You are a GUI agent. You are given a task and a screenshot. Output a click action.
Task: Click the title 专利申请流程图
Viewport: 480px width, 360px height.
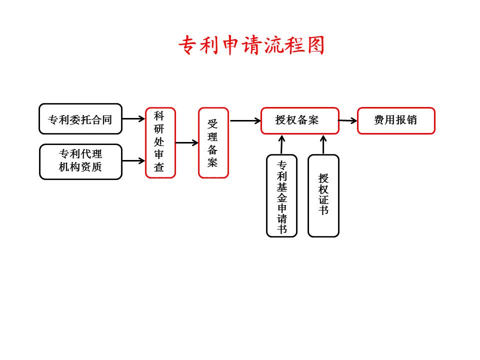pos(251,45)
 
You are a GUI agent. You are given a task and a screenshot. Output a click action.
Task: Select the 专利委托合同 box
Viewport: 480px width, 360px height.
pos(80,119)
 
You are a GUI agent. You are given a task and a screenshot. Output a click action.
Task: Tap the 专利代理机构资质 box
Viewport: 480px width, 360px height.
pos(80,161)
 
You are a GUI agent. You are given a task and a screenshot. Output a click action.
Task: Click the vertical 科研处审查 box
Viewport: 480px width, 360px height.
pos(160,142)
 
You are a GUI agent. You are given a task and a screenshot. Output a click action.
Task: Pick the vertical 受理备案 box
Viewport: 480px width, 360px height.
pos(213,142)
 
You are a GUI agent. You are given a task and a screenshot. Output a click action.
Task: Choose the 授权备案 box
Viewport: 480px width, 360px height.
pos(299,120)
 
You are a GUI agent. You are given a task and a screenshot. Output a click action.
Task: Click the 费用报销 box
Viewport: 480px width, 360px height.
pos(396,120)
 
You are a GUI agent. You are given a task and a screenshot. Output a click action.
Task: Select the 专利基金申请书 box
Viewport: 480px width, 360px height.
pos(282,195)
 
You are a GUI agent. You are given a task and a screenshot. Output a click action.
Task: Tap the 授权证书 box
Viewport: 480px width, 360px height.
pos(323,195)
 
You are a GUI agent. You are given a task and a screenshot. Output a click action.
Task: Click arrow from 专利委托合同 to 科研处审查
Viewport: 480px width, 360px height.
pos(133,119)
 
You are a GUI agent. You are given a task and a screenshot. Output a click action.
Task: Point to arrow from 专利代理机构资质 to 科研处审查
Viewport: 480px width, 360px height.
pos(133,161)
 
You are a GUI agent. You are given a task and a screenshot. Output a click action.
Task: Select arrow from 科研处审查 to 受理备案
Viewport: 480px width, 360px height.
pos(187,143)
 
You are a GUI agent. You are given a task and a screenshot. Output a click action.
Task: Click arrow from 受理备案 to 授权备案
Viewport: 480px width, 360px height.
pos(245,120)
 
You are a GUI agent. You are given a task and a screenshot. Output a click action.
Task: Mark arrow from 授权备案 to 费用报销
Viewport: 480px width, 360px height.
pos(348,120)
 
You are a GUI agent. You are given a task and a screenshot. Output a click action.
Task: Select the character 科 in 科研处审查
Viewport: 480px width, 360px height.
pos(159,115)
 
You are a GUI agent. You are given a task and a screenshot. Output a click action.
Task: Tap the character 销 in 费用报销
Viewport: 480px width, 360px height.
pos(412,120)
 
